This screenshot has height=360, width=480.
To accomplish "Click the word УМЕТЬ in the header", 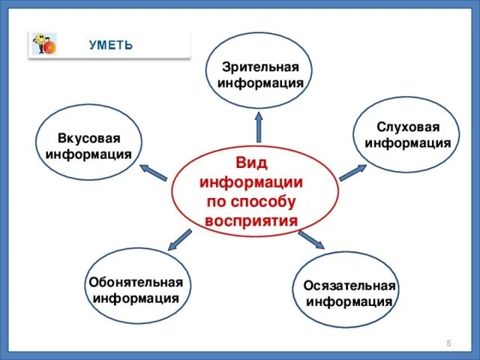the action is [111, 45].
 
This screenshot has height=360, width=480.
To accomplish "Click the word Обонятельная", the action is [136, 283].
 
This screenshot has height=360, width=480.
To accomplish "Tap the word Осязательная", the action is [349, 287].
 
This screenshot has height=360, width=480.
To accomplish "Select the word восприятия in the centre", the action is [251, 220].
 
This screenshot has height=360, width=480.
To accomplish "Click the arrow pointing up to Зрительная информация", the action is [259, 126].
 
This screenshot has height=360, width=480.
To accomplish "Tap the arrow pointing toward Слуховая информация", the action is [351, 172].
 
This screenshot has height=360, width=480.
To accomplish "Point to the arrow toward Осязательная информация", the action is [311, 239].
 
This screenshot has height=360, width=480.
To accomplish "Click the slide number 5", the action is [448, 343].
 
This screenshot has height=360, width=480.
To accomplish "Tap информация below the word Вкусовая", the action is [88, 154].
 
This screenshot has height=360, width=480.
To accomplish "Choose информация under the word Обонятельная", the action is [136, 298].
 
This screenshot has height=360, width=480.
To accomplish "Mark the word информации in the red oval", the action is [251, 183].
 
